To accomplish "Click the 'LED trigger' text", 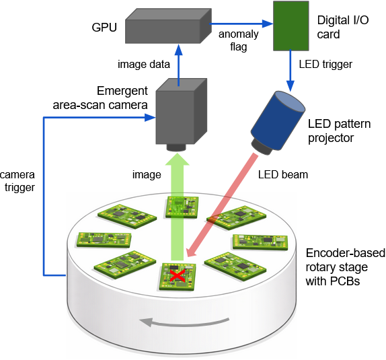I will (325, 65).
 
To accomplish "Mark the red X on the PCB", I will (177, 275).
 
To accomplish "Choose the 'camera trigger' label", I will (17, 182).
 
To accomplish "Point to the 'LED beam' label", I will (282, 175).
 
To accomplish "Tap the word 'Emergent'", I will (122, 91).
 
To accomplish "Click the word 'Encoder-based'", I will (346, 253).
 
